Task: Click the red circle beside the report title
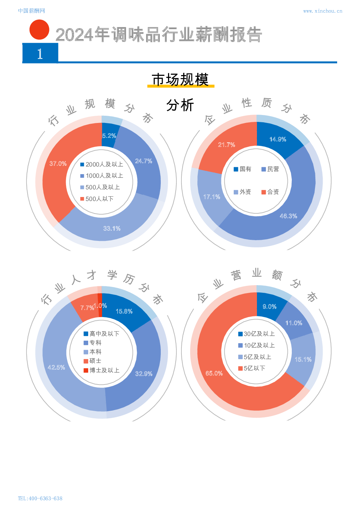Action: [39, 30]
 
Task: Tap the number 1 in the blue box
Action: [40, 54]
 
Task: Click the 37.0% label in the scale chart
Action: [58, 164]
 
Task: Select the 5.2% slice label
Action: [109, 136]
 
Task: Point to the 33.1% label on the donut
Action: [112, 228]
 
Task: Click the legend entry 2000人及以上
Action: [102, 164]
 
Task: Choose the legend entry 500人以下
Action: [97, 199]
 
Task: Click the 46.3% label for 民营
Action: [288, 216]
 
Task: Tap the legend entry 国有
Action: [242, 169]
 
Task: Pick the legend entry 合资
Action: [270, 192]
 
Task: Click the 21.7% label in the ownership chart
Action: [226, 145]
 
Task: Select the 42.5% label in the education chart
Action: [56, 368]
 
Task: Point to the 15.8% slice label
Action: [124, 311]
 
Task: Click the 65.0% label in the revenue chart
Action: [214, 373]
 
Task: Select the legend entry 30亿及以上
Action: [256, 334]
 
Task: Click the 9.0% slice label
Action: [270, 307]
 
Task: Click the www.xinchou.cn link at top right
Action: [322, 11]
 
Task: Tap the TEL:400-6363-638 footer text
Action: [40, 498]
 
